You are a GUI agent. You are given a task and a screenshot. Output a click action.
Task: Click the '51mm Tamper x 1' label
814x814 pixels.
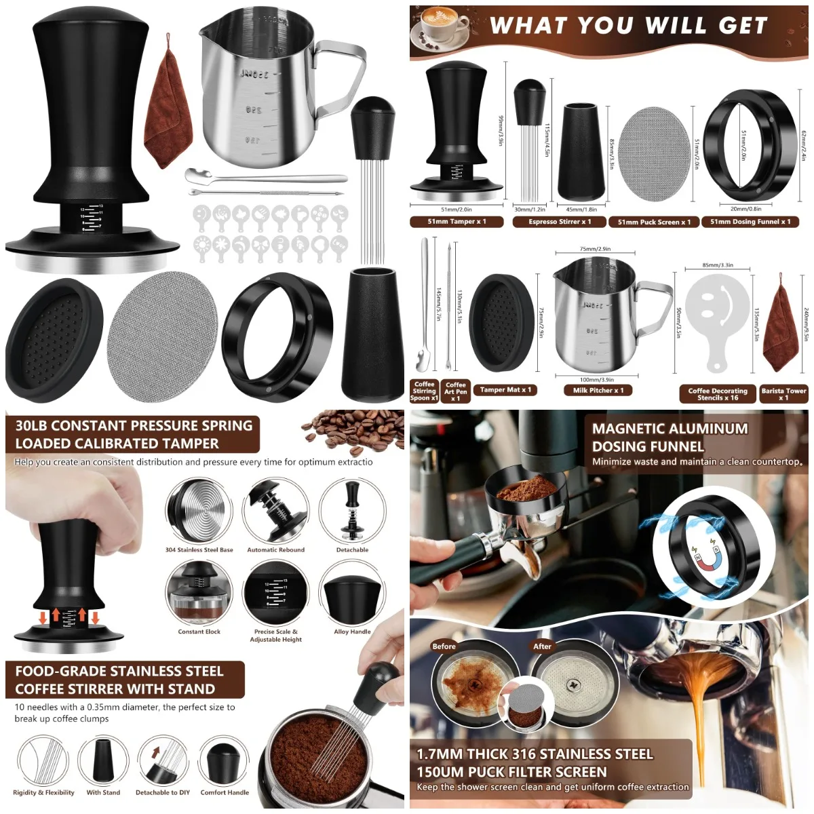point(457,222)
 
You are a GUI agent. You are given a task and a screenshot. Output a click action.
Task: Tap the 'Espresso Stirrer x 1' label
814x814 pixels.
point(560,222)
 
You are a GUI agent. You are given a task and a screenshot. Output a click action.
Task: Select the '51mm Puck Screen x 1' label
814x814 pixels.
point(654,222)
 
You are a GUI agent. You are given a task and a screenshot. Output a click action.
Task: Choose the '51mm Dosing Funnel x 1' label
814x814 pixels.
point(750,222)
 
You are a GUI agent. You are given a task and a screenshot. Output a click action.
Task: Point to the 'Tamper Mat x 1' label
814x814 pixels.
point(505,389)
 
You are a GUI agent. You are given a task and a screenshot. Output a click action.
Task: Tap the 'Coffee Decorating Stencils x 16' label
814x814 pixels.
point(718,394)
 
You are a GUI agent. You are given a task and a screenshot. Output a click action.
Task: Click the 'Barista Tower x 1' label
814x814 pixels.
point(783,394)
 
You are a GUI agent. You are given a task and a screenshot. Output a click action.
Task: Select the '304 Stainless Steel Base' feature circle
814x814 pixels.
point(199,511)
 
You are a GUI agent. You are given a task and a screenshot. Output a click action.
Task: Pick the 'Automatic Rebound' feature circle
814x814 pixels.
point(275,511)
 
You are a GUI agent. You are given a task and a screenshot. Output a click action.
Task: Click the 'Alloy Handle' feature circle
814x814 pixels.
point(351,592)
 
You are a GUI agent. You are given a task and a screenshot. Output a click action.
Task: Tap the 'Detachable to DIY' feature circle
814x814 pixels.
point(163,760)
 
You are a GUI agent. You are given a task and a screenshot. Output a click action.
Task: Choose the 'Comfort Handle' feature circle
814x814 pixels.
point(225,760)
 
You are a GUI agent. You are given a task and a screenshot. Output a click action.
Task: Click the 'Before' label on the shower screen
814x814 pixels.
point(444,646)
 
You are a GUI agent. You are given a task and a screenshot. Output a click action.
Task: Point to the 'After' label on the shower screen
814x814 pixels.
point(542,646)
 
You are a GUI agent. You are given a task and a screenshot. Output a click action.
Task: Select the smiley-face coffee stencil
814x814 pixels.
point(717,316)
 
